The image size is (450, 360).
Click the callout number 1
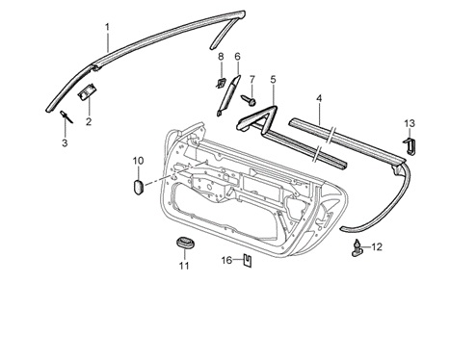(107, 27)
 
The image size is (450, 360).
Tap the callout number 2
(89, 121)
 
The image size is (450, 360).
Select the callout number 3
(65, 143)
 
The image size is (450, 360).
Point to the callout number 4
(319, 98)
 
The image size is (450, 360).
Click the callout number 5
(273, 79)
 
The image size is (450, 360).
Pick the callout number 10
(139, 161)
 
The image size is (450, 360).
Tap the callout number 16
(226, 260)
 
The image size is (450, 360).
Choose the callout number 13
(410, 123)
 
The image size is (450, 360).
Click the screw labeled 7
(249, 100)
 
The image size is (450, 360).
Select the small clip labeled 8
(220, 83)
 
